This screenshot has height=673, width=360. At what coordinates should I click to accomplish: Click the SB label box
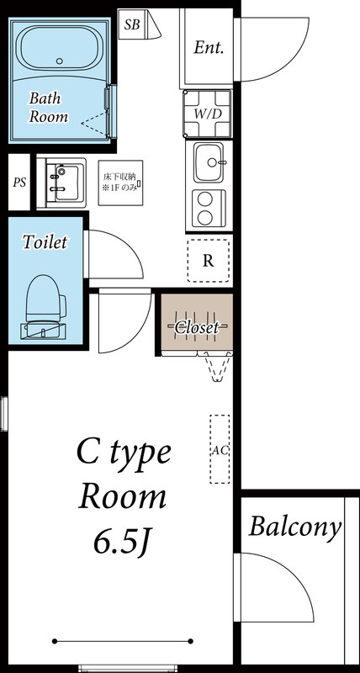(132, 24)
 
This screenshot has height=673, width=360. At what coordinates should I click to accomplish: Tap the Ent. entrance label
(209, 47)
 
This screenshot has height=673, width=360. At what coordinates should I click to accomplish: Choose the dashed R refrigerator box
(208, 260)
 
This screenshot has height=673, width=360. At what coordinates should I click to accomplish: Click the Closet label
(197, 326)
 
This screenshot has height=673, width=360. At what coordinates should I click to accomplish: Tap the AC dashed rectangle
(220, 449)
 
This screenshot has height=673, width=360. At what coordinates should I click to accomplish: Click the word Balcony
(295, 528)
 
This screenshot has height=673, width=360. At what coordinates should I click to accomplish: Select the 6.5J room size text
(123, 541)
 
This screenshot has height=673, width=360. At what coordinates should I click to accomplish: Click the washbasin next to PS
(62, 182)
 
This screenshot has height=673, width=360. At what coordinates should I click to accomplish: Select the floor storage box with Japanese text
(120, 183)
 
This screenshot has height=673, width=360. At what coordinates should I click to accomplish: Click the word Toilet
(45, 242)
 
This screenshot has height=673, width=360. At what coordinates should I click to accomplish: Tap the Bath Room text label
(48, 108)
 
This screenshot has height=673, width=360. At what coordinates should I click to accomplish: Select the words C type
(124, 454)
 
